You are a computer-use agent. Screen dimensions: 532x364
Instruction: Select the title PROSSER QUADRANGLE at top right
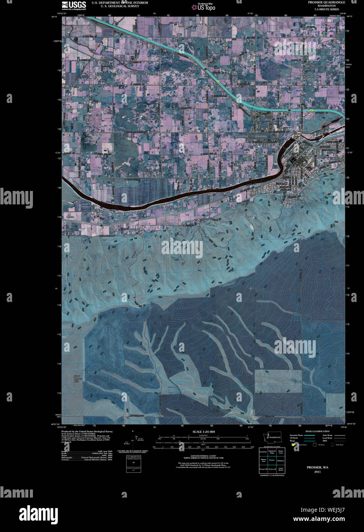click(x=326, y=2)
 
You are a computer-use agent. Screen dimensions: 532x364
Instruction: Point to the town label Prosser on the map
click(x=307, y=156)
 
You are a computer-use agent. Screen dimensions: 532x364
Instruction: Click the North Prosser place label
click(x=312, y=77)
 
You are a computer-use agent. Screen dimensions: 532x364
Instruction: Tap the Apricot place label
click(x=104, y=59)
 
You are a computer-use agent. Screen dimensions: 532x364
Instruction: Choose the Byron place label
click(x=70, y=217)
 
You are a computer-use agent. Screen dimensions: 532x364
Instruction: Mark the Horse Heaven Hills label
click(x=78, y=379)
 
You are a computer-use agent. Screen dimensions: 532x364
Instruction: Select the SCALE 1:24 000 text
click(x=204, y=432)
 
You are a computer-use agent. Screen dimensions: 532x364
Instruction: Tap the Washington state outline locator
click(x=271, y=437)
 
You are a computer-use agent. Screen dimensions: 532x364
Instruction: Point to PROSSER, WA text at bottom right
click(x=317, y=468)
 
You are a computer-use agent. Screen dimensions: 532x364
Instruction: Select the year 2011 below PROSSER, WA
click(x=317, y=472)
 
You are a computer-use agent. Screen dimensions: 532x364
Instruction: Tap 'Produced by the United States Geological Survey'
click(x=87, y=431)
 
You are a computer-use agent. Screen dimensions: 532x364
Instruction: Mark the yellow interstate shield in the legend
click(x=293, y=445)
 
